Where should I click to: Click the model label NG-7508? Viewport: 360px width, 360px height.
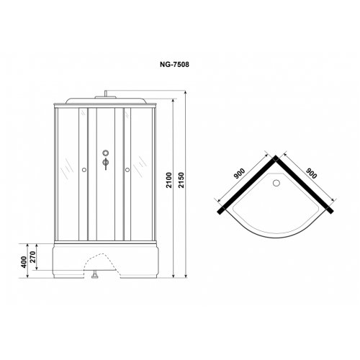pyautogui.click(x=174, y=65)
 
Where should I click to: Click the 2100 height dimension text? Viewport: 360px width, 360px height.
pyautogui.click(x=169, y=180)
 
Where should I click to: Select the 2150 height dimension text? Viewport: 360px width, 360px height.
pyautogui.click(x=181, y=180)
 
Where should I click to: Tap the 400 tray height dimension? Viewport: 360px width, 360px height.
pyautogui.click(x=24, y=262)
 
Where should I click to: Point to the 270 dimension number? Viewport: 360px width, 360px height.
pyautogui.click(x=33, y=257)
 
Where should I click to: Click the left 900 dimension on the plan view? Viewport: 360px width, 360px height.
pyautogui.click(x=240, y=174)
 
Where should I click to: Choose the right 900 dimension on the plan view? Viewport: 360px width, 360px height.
pyautogui.click(x=312, y=174)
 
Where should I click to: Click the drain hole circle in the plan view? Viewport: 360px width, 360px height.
pyautogui.click(x=276, y=183)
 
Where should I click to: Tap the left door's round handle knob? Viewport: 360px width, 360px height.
pyautogui.click(x=84, y=170)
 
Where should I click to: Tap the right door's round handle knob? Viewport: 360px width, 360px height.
pyautogui.click(x=127, y=170)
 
